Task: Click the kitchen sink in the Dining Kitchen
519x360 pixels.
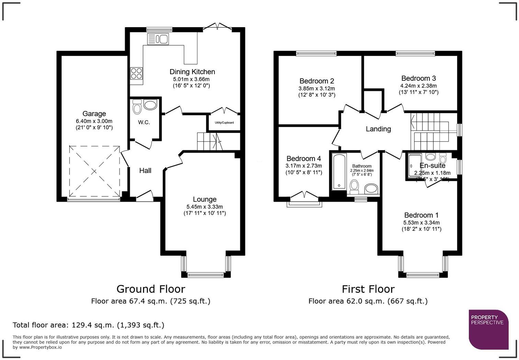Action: coord(158,39)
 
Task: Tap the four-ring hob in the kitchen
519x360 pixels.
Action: coord(136,74)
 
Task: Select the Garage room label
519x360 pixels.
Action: coord(94,114)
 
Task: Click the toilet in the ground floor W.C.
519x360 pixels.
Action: coord(137,107)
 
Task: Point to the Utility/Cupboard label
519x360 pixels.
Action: coord(224,123)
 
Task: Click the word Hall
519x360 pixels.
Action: coord(145,170)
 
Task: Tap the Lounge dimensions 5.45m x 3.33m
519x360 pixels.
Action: coord(205,207)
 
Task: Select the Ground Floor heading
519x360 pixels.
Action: coord(151,289)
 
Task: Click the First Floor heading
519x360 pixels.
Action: coord(368,289)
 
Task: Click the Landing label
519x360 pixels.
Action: coord(378,129)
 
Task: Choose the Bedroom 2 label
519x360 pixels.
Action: coord(316,81)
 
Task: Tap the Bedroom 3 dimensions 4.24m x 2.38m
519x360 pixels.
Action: coord(418,86)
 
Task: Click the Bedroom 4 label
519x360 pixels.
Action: coord(303,158)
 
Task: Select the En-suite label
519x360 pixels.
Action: coord(432,166)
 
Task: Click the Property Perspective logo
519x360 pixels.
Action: coord(488,329)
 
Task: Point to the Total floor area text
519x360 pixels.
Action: coord(89,325)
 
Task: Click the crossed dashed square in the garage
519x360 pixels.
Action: coord(94,171)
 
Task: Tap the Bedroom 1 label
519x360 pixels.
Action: coord(421,215)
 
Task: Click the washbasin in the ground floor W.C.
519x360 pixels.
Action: coord(150,105)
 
